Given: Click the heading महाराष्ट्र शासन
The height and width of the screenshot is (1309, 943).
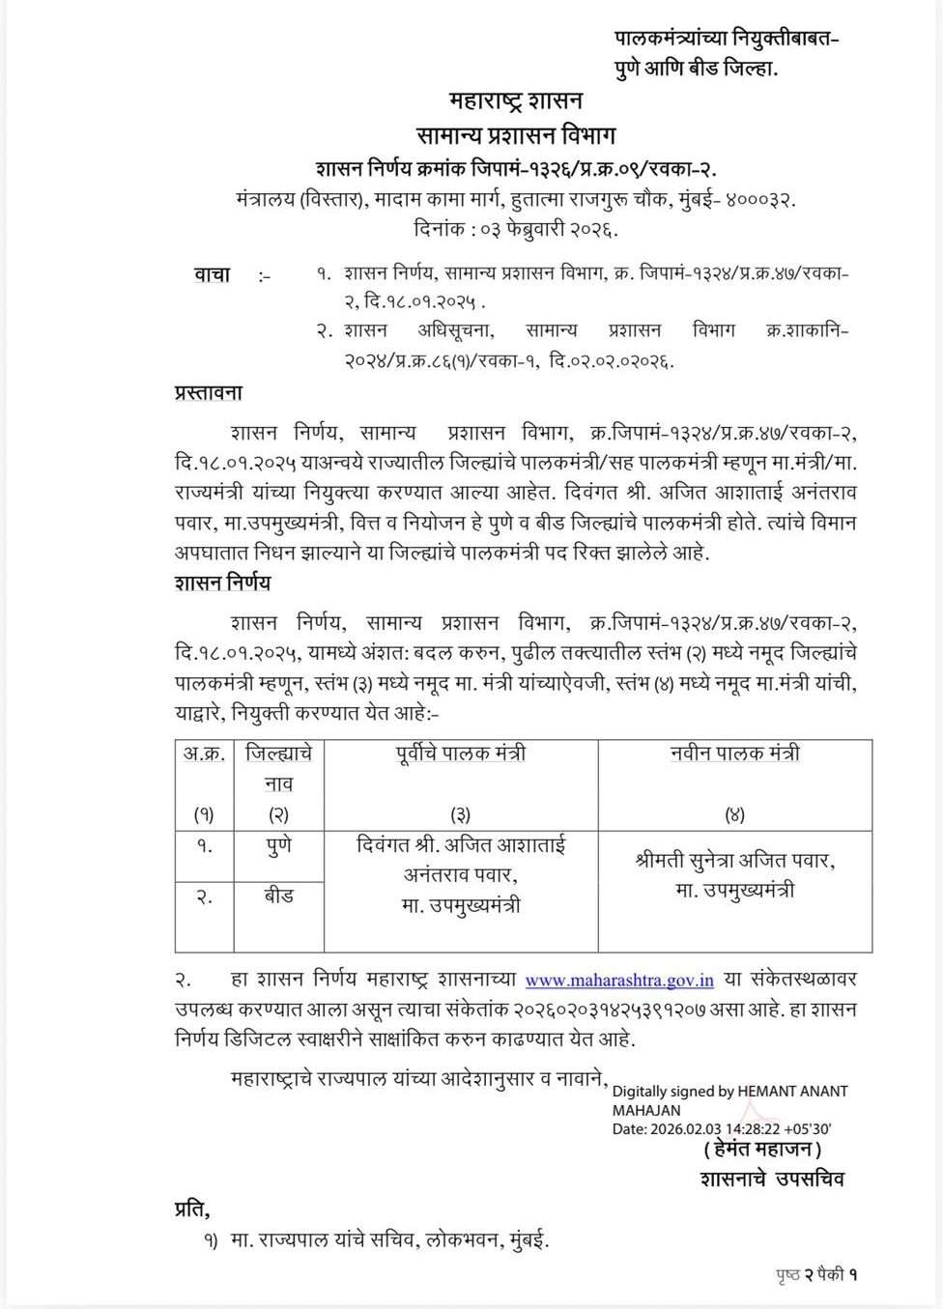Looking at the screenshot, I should click(x=515, y=100).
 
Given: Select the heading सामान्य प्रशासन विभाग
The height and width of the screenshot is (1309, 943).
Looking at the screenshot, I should click(x=515, y=134).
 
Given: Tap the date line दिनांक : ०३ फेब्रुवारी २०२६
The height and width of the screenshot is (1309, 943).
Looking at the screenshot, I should click(x=515, y=230).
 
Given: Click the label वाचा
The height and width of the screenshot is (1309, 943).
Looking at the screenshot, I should click(x=213, y=275).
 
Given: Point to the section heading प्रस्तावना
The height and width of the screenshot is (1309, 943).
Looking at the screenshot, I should click(x=209, y=393).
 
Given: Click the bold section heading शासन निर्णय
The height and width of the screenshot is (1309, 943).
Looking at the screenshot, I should click(x=223, y=583).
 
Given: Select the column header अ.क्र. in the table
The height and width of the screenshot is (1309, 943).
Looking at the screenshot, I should click(x=205, y=754).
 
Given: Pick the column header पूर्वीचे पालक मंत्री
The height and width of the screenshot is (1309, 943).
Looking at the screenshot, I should click(x=461, y=754).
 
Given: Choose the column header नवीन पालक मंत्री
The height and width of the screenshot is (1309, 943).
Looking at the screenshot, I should click(x=734, y=754).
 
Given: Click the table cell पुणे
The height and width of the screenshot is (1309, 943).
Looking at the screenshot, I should click(x=279, y=846).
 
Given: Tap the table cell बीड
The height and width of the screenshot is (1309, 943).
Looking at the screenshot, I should click(x=279, y=896).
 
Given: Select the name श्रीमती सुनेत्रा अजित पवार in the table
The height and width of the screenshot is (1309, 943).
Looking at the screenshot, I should click(x=734, y=860).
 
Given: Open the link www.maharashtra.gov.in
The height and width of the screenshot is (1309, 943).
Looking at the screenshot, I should click(x=619, y=981).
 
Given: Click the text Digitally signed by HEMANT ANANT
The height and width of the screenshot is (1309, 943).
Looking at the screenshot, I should click(x=730, y=1092).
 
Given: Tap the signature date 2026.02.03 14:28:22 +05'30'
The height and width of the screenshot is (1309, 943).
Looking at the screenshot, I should click(x=741, y=1128).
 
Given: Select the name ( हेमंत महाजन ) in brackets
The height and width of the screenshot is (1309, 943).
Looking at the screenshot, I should click(x=763, y=1150).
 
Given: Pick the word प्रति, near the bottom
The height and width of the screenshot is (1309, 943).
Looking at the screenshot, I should click(x=192, y=1209).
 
